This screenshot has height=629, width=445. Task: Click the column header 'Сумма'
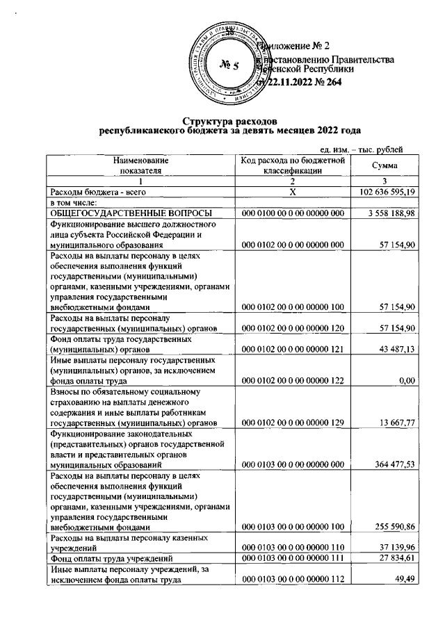(x=385, y=165)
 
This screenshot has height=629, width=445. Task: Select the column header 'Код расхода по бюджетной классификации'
(x=293, y=165)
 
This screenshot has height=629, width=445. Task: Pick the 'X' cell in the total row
(x=293, y=191)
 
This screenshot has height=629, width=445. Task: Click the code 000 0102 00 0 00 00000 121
(x=293, y=351)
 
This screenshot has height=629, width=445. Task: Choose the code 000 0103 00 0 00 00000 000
(x=293, y=464)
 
